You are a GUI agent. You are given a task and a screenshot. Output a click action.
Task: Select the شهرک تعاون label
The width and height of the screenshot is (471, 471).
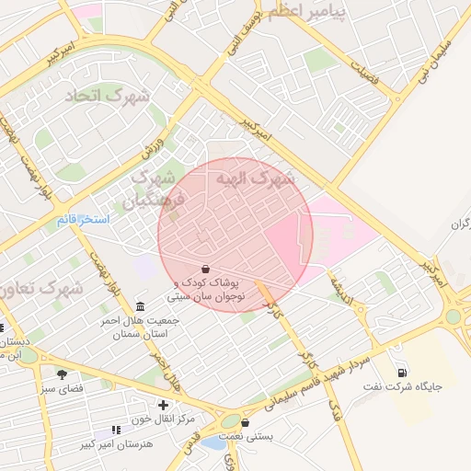[x=40, y=288]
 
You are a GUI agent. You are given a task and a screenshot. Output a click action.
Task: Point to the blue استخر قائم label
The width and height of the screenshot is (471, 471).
[x=83, y=220]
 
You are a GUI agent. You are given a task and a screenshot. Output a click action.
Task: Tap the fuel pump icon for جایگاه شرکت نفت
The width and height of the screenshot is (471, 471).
[x=402, y=372]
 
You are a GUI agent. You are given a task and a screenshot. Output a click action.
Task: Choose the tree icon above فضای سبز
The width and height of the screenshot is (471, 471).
[x=62, y=374]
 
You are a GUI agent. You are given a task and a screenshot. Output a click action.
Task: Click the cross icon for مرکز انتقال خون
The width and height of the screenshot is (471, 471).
[x=163, y=405]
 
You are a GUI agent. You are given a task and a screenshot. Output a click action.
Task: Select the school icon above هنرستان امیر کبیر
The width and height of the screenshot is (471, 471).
[x=115, y=430]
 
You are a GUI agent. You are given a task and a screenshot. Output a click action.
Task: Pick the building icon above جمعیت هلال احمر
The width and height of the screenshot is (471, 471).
[x=139, y=306]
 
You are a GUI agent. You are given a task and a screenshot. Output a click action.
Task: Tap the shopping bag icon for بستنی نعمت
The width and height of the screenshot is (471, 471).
[x=245, y=423]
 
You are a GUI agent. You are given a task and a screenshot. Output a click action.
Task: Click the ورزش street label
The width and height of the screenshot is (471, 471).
[x=153, y=148]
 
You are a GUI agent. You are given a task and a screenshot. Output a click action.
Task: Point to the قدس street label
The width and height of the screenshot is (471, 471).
[x=189, y=445]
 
